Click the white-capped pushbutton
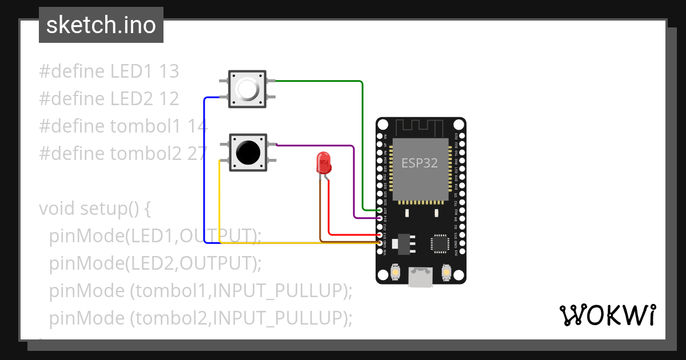[x=247, y=89]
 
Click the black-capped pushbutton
[x=247, y=152]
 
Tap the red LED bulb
[x=324, y=163]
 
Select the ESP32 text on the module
[x=419, y=163]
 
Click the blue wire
[x=205, y=171]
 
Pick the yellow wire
[x=220, y=200]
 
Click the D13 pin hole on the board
[x=380, y=235]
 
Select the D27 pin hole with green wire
[x=380, y=210]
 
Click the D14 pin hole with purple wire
[x=380, y=218]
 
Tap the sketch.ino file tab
[x=101, y=25]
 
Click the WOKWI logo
[x=607, y=315]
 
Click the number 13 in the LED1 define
[x=169, y=71]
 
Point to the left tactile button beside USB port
[x=395, y=274]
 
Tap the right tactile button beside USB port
[x=446, y=274]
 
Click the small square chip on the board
[x=440, y=242]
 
